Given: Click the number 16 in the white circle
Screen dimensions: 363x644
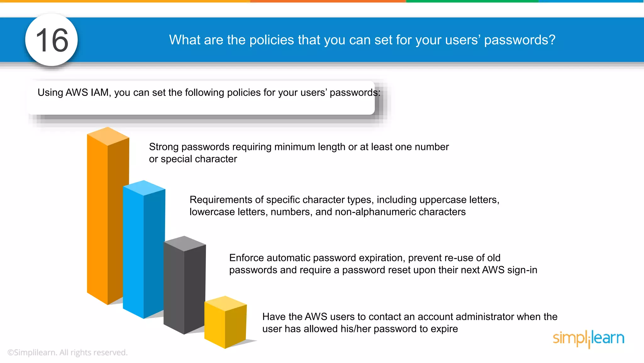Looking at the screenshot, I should (x=52, y=40).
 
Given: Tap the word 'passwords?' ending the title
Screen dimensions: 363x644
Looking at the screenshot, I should (x=520, y=40).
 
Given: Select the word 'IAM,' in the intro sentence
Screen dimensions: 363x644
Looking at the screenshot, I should (x=101, y=93).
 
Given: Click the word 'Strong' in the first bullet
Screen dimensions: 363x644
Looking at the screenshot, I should (x=164, y=147).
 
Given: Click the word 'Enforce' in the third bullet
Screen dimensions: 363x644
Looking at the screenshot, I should (x=247, y=258).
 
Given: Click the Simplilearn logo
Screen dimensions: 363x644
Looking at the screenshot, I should (x=588, y=338).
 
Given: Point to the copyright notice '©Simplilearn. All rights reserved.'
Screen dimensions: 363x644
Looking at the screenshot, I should (x=67, y=353).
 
